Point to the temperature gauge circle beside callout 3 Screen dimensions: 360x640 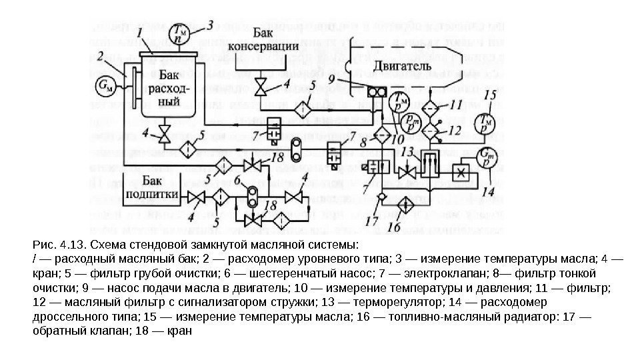coord(180,33)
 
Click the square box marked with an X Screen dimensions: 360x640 coord(459,171)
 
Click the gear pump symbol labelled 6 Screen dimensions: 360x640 coord(253,196)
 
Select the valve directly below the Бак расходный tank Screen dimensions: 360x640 coord(163,135)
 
